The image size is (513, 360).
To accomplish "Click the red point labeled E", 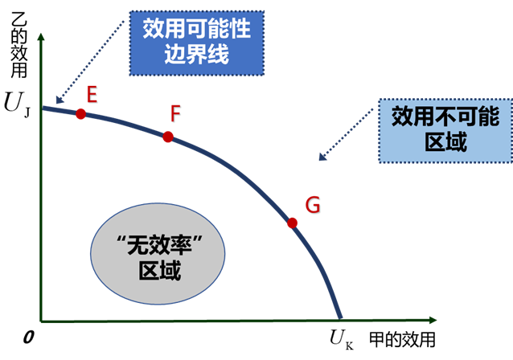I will point(80,114).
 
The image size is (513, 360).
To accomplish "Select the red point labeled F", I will point(168,137).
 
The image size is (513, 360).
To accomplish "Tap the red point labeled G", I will point(292,223).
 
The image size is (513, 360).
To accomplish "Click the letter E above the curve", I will point(92,96).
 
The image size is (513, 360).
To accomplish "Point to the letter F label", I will point(174,114).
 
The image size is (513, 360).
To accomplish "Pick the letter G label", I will point(312,205).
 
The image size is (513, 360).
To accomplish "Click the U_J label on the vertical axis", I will point(17,104).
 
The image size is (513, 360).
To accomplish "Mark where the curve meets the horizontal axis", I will point(340,319).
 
